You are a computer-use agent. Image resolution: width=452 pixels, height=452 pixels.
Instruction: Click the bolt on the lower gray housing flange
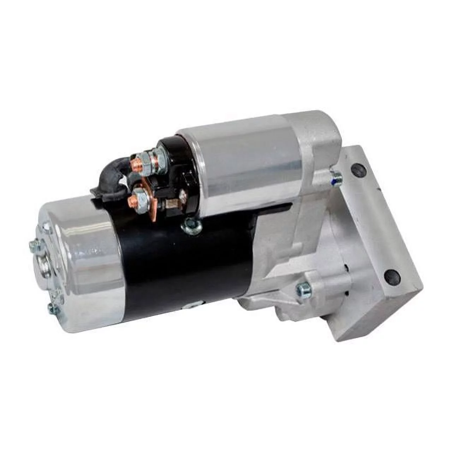click(303, 290)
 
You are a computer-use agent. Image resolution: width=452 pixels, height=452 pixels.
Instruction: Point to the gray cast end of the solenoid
click(316, 141)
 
